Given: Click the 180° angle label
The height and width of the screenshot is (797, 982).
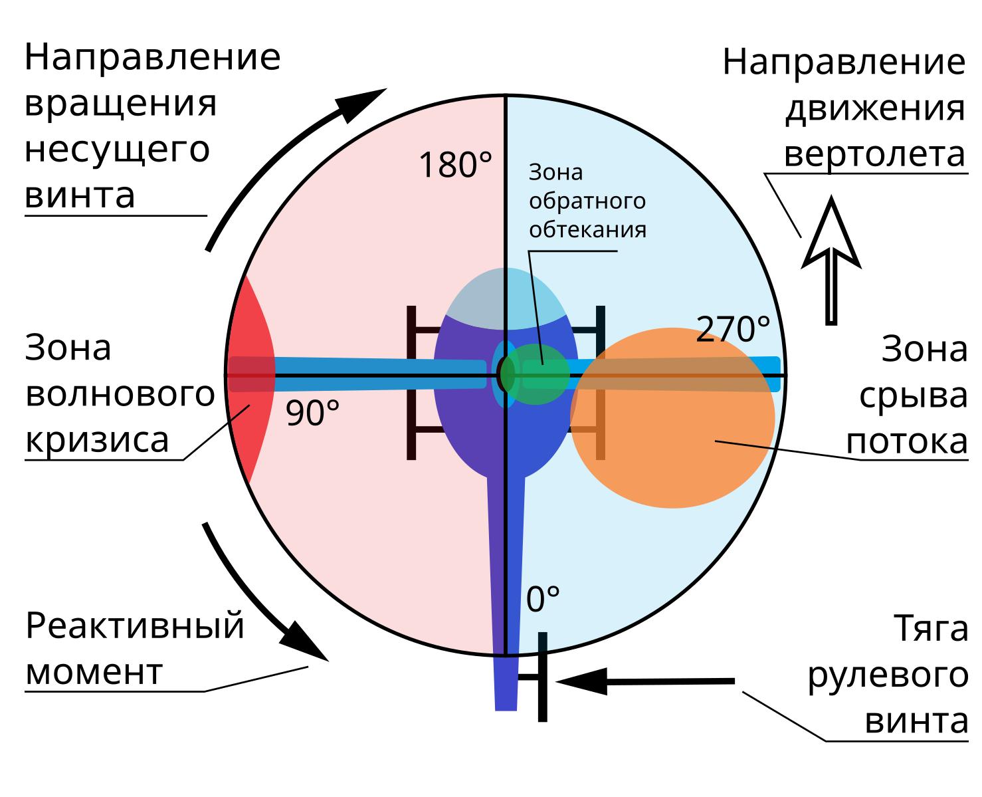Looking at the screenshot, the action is (455, 165).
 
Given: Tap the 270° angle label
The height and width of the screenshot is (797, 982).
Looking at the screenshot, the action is (733, 328).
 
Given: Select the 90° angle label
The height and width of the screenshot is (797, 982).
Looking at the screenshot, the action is (312, 412).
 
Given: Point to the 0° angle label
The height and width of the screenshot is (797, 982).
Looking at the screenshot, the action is (543, 599).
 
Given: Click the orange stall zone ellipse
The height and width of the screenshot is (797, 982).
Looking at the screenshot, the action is (672, 418).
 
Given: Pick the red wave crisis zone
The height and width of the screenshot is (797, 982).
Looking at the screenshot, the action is (250, 379).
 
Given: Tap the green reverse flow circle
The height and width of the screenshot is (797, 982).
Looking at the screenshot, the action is (536, 374).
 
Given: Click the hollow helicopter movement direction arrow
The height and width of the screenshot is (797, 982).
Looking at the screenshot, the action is (831, 261).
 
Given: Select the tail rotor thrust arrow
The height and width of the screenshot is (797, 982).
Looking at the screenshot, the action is (645, 682).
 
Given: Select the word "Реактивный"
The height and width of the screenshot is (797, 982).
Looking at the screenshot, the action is (135, 626).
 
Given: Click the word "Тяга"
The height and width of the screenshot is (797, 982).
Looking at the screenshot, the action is (931, 629).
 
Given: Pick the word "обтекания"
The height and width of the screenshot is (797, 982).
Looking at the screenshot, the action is (587, 230).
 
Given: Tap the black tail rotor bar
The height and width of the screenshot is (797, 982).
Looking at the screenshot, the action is (543, 677).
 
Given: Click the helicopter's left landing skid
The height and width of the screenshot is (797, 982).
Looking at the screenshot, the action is (411, 382).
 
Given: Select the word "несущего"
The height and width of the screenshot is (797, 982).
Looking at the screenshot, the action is (117, 150).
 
